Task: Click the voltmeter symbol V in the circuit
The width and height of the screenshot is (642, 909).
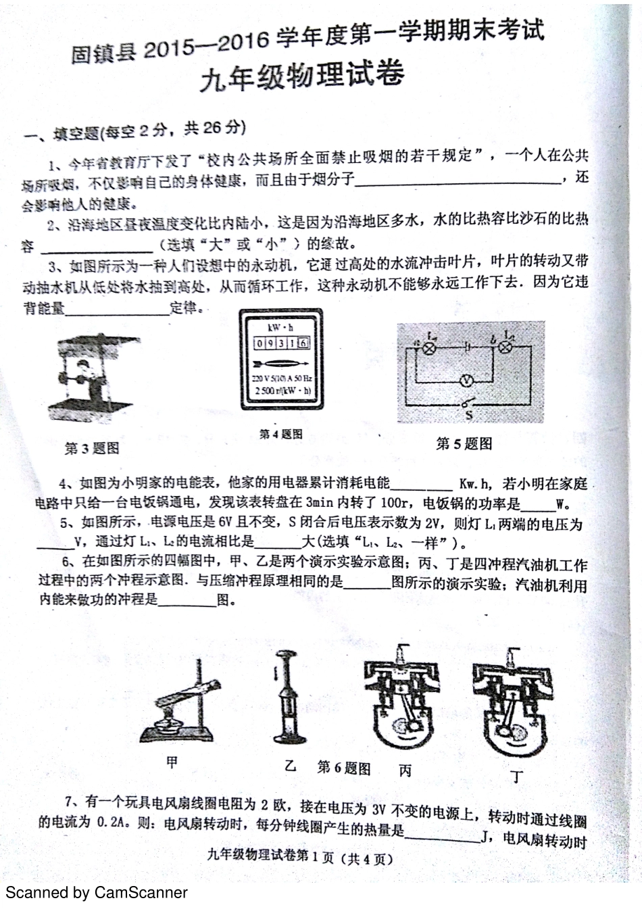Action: (x=466, y=382)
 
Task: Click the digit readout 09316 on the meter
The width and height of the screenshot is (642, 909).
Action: (x=281, y=343)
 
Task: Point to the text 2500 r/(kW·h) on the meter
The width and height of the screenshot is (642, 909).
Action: (x=282, y=391)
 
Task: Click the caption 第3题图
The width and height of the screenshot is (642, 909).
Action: (x=92, y=448)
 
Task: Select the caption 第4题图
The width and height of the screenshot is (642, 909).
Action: (x=280, y=434)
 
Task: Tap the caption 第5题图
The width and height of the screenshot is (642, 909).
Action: (x=464, y=443)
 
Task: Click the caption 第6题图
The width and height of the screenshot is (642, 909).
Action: (x=344, y=768)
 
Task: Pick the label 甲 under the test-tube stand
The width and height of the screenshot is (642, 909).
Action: (x=173, y=763)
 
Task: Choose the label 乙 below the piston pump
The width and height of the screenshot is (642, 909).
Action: (x=290, y=766)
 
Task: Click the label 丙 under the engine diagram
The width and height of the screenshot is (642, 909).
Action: (x=405, y=770)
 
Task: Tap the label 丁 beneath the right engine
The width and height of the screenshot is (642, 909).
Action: (x=517, y=777)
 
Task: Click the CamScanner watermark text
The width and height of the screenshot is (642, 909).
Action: (x=96, y=893)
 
